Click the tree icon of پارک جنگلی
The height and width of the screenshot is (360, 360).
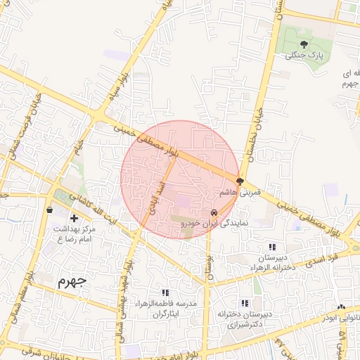coord(304,44)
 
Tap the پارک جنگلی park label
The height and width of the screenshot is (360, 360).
coord(304,56)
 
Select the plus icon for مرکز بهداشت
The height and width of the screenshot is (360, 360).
coord(74,218)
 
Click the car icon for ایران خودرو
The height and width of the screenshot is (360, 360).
coord(213,212)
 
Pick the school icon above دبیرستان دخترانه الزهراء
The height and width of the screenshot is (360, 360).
coord(272,247)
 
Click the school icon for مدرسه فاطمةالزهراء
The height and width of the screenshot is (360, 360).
coord(165,292)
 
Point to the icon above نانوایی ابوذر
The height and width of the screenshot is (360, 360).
coord(341,307)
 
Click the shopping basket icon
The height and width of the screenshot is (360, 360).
coord(49,209)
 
